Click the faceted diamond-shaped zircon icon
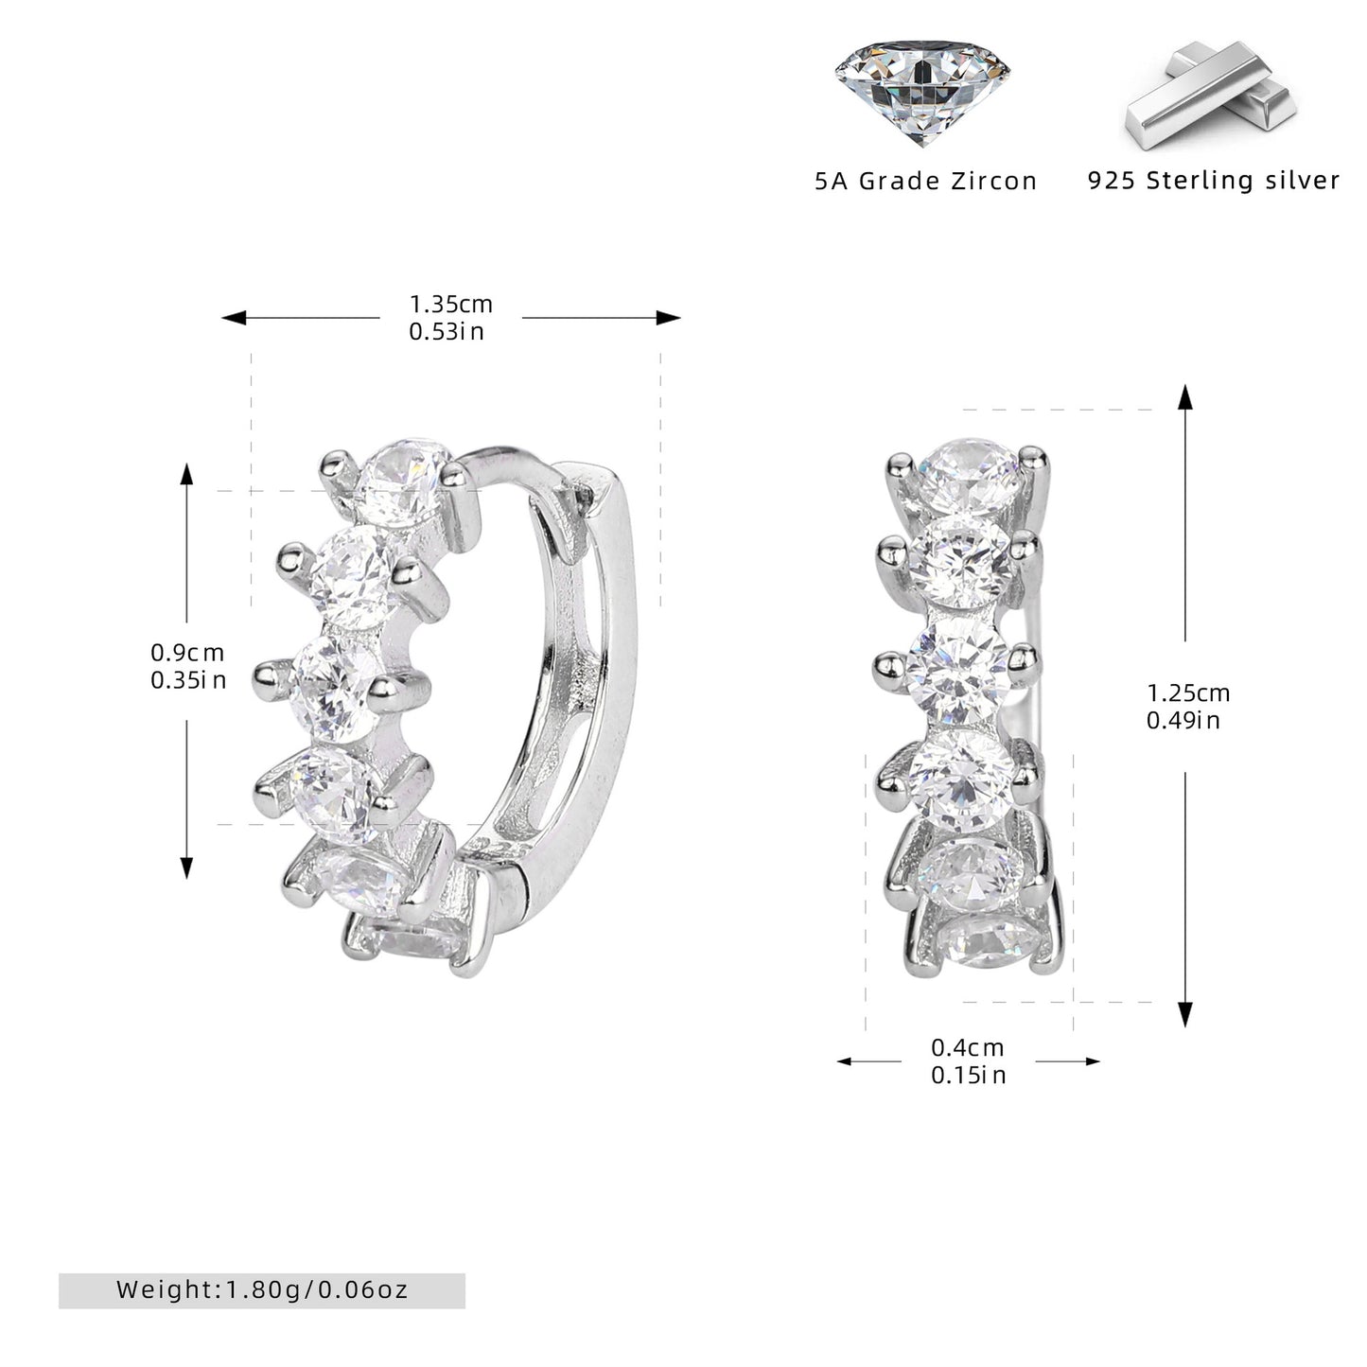click(x=921, y=92)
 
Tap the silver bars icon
click(x=1211, y=95)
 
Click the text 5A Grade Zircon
click(x=926, y=181)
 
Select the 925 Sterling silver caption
click(x=1213, y=180)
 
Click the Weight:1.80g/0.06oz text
click(x=262, y=1289)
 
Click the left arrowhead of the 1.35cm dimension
click(x=234, y=318)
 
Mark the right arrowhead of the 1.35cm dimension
click(x=668, y=318)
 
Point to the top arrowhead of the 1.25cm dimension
click(x=1184, y=397)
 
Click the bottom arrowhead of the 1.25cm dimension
click(x=1184, y=1014)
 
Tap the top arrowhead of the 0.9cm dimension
click(x=186, y=473)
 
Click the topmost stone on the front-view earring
click(x=971, y=475)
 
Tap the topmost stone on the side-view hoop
click(x=403, y=483)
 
